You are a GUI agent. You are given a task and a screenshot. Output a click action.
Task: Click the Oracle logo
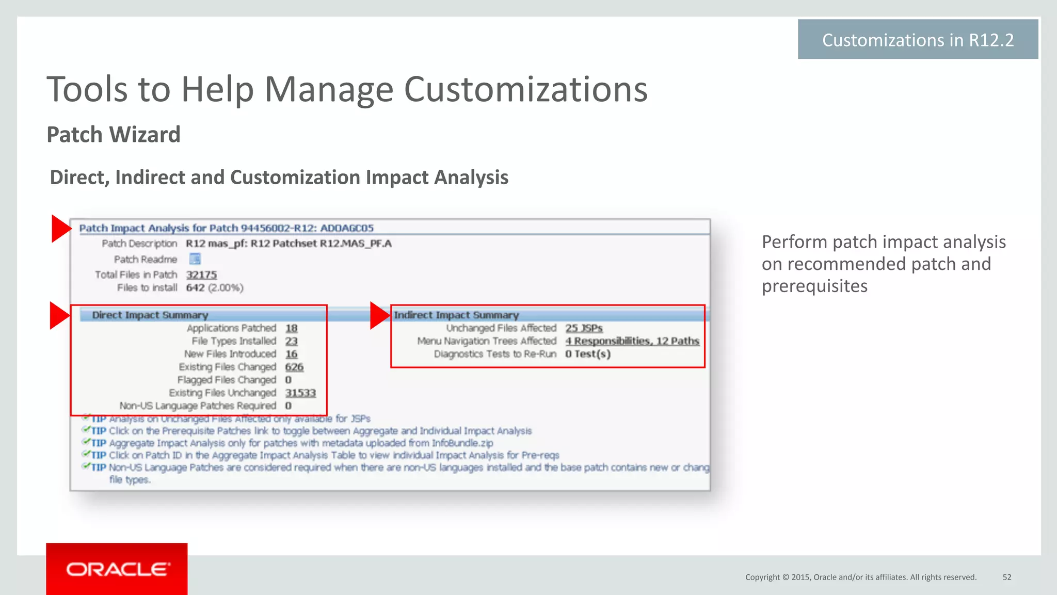tap(117, 569)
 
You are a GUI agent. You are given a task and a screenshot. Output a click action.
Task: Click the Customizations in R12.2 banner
tap(918, 40)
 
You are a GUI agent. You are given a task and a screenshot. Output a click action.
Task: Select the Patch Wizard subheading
tap(114, 135)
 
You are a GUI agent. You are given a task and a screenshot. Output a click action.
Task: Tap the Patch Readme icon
tap(195, 259)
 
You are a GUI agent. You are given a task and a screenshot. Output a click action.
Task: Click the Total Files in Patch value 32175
tap(201, 275)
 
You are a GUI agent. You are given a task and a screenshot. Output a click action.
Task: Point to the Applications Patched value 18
tap(292, 328)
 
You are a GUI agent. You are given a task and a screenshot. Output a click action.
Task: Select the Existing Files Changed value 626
tap(294, 367)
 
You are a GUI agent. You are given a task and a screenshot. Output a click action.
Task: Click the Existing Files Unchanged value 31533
tap(300, 393)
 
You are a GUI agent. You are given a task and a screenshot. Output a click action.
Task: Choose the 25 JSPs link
tap(584, 328)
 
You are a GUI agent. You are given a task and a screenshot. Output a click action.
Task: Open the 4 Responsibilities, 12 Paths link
tap(632, 341)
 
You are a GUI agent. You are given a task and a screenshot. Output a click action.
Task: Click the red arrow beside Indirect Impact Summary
tap(379, 316)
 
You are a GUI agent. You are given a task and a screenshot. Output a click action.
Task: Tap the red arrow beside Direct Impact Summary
tap(59, 316)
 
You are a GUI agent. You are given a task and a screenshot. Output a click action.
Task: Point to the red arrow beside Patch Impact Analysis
tap(61, 229)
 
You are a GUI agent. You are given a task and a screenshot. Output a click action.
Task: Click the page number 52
tap(1007, 577)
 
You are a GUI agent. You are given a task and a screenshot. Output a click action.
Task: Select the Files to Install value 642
tap(195, 287)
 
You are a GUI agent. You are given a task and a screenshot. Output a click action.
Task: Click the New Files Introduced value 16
tap(292, 354)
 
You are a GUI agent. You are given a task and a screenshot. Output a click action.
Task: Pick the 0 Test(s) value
tap(587, 354)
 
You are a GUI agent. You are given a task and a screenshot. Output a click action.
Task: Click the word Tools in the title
tap(86, 90)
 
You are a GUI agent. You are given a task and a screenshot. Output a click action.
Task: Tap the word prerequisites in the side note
tap(814, 286)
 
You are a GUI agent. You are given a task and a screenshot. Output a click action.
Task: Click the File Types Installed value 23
tap(292, 341)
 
